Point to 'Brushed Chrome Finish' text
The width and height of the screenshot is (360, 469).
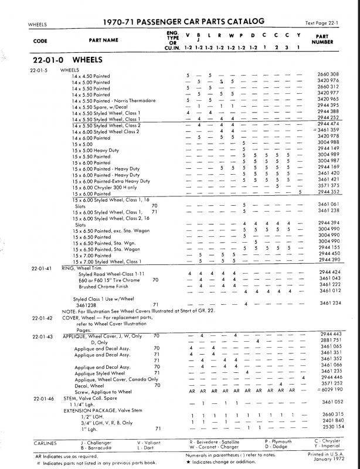[100, 285]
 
